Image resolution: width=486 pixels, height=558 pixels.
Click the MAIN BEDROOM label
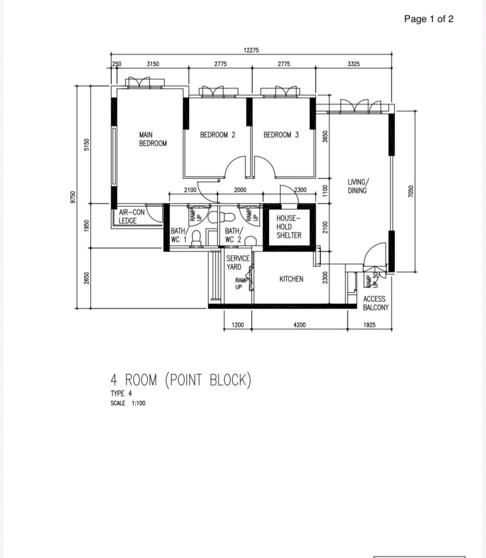click(x=153, y=139)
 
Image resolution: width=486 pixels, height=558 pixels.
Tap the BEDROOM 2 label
click(x=218, y=135)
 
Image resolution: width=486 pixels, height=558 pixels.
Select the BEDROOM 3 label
click(x=281, y=135)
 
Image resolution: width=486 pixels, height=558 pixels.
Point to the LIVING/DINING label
click(x=358, y=186)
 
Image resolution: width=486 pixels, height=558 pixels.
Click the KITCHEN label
click(x=291, y=279)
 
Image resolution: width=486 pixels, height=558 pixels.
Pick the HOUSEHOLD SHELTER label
click(x=289, y=227)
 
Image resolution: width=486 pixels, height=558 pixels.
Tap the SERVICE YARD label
click(x=238, y=263)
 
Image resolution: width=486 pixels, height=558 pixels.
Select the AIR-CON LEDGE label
click(x=131, y=217)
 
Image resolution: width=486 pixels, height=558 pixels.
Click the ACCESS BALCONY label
click(x=376, y=303)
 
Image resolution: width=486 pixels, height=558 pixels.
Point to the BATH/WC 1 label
click(x=178, y=235)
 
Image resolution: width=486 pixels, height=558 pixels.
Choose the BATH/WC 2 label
click(x=233, y=235)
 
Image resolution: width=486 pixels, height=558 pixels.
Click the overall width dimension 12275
click(x=251, y=50)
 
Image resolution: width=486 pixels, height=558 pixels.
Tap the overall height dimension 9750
click(x=73, y=197)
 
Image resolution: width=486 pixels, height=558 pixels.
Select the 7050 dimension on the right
click(x=411, y=191)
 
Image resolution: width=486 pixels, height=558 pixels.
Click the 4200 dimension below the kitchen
click(x=299, y=324)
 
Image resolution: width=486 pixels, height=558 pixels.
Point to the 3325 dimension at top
click(x=353, y=64)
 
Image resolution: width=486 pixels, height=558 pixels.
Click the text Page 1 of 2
click(x=429, y=19)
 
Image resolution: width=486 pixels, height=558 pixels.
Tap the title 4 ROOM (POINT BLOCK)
click(x=181, y=380)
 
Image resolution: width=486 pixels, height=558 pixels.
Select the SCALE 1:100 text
click(x=128, y=403)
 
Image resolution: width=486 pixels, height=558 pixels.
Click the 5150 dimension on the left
click(x=87, y=145)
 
